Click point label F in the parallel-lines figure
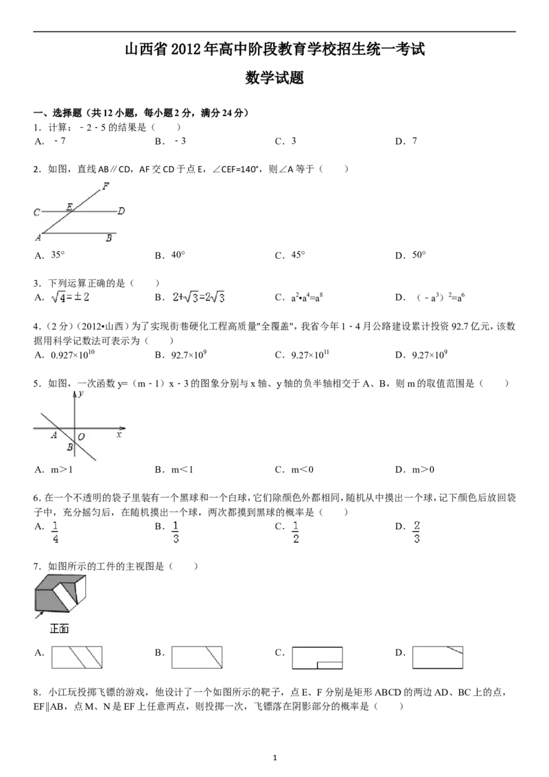point(106,186)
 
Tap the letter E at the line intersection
point(69,206)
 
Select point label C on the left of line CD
point(37,213)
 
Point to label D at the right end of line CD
point(121,211)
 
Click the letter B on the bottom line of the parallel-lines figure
point(108,238)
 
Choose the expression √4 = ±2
point(71,298)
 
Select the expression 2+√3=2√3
point(199,298)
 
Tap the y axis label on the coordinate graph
point(81,394)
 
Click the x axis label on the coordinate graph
point(119,434)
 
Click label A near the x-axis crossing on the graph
point(54,435)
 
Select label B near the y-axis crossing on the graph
point(69,448)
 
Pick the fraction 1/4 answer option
point(56,532)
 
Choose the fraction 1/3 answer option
point(176,532)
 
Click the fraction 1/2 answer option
point(296,532)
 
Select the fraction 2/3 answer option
point(417,532)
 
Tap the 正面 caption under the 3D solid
point(59,629)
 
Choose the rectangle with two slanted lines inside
point(77,658)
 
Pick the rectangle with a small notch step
point(317,658)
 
